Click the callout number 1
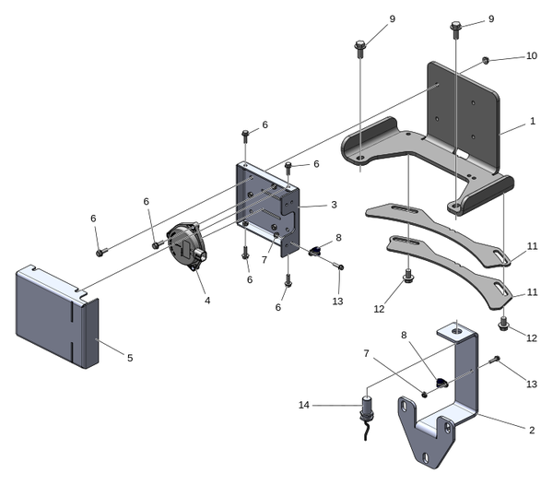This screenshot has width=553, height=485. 532,122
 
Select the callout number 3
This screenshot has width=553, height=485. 334,205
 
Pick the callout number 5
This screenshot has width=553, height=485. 130,357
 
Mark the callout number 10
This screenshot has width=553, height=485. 531,56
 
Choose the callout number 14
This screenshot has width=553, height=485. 303,404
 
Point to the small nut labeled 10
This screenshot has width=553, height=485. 485,61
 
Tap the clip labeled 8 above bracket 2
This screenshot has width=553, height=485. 440,383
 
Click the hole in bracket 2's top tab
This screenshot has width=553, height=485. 454,328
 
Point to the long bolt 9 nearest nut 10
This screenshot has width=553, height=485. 458,29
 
